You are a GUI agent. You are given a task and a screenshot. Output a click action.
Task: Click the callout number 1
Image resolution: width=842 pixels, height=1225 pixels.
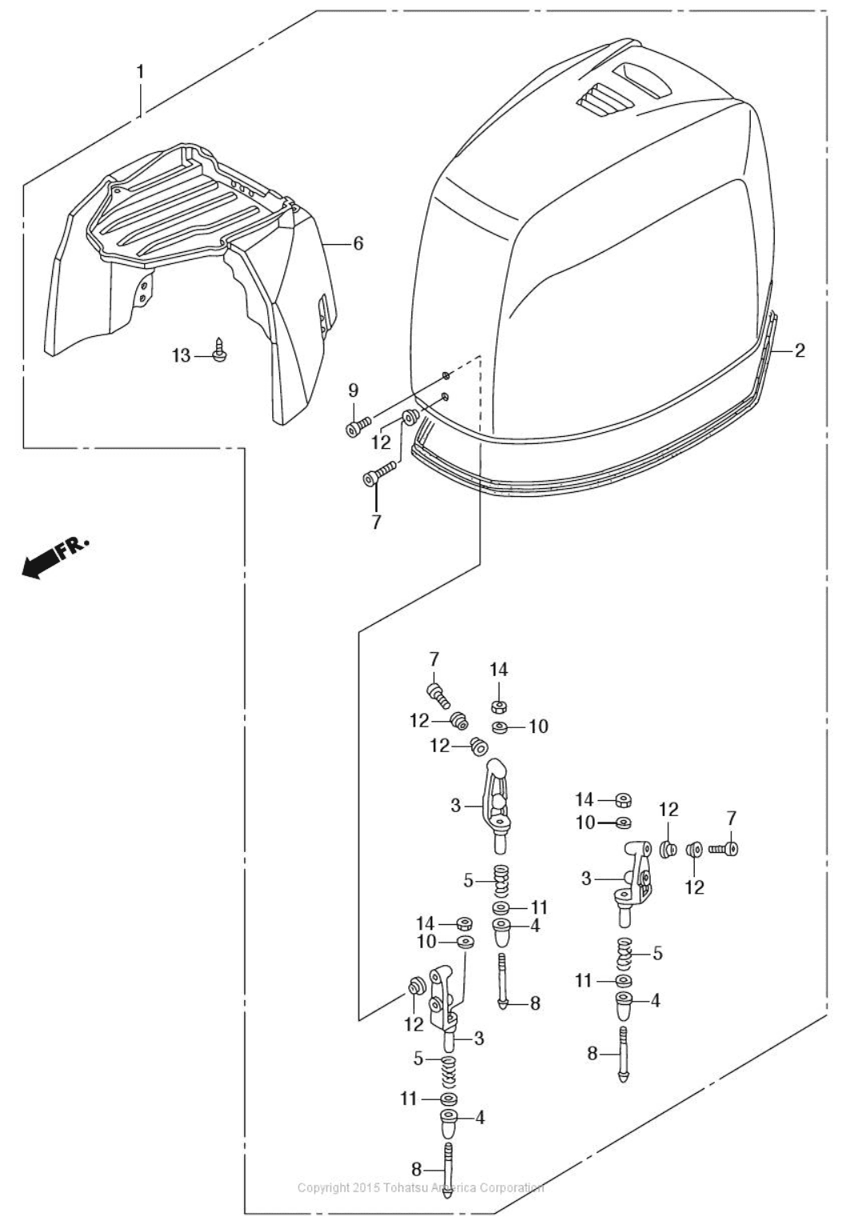coord(140,72)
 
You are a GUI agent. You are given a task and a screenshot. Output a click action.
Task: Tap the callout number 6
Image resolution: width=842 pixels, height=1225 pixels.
coord(358,242)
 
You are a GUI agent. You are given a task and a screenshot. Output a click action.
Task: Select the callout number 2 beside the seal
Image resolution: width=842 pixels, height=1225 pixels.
coord(800,350)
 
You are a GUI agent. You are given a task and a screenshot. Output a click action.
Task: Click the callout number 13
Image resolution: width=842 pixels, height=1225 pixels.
coord(182,355)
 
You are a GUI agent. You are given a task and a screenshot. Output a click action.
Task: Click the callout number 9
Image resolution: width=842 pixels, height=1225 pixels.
coord(353,390)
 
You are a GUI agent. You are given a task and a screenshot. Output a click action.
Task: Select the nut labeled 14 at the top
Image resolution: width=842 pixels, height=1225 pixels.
coord(498,706)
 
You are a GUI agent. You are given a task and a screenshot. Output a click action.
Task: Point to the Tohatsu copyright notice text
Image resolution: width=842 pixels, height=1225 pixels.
coord(420,1187)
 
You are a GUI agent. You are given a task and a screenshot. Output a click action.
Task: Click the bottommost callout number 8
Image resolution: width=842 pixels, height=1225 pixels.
coord(416,1169)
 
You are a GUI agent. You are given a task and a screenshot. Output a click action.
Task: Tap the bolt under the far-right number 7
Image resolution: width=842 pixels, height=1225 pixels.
coord(723,847)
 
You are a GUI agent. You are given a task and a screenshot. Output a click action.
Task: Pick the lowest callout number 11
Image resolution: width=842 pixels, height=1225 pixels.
coord(409,1099)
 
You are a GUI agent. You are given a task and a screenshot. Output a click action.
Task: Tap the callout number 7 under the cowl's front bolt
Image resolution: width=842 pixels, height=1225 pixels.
coord(376,522)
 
